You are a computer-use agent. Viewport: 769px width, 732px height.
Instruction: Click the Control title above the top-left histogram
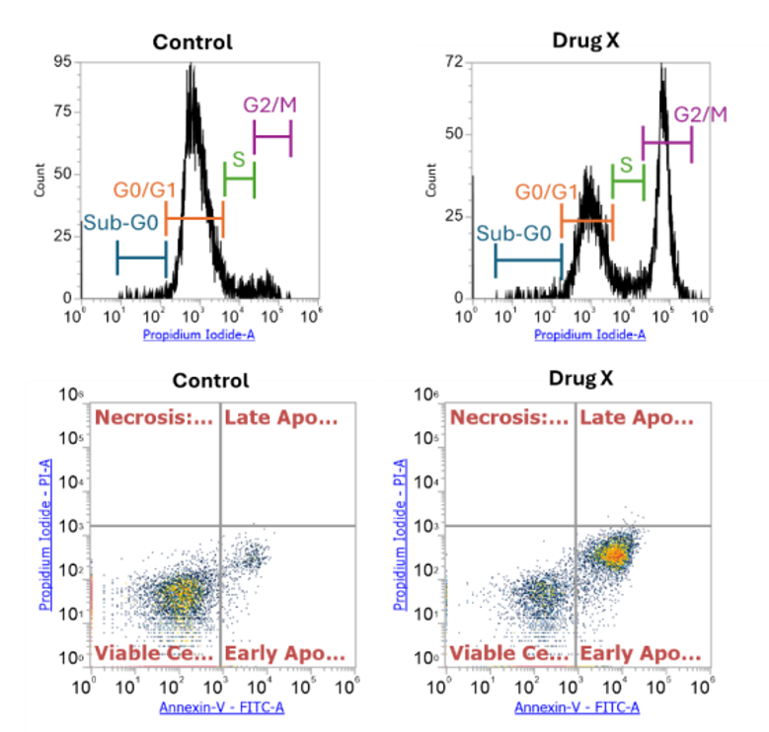[x=192, y=41]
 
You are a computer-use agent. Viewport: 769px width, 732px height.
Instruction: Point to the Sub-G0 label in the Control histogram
[x=120, y=223]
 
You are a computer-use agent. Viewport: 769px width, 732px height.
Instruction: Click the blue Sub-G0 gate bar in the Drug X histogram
[x=528, y=260]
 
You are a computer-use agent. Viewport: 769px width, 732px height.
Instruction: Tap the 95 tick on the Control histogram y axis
[x=62, y=62]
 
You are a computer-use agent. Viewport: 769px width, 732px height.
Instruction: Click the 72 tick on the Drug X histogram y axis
[x=455, y=62]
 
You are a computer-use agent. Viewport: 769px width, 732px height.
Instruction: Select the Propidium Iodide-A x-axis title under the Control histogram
[x=198, y=335]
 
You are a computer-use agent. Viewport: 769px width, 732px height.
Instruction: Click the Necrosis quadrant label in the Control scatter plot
[x=154, y=418]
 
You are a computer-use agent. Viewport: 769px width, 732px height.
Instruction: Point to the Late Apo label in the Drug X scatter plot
[x=637, y=418]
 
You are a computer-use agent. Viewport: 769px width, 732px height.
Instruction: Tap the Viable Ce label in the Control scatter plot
[x=154, y=653]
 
